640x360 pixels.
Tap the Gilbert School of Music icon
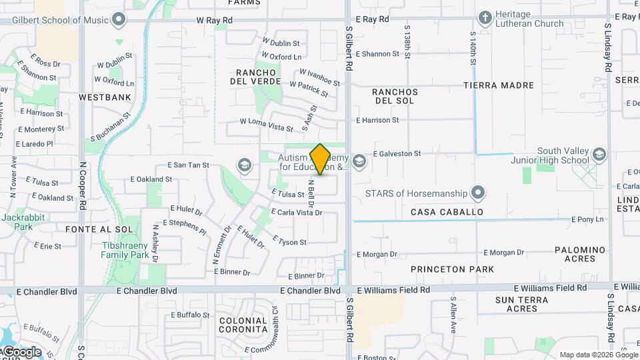[119, 19]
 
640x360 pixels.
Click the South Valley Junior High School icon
[599, 155]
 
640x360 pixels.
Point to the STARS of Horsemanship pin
[477, 193]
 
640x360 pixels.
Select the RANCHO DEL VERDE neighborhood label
[253, 77]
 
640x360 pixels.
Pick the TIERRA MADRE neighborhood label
[499, 85]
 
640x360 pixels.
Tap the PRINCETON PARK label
[453, 269]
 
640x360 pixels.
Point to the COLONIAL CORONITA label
[244, 325]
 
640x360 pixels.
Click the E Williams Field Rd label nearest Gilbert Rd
[392, 290]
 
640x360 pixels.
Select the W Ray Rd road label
[214, 21]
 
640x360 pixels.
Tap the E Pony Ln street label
[587, 219]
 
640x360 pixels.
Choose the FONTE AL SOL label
[90, 229]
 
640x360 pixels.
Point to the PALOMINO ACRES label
[580, 254]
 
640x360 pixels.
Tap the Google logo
[21, 352]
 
